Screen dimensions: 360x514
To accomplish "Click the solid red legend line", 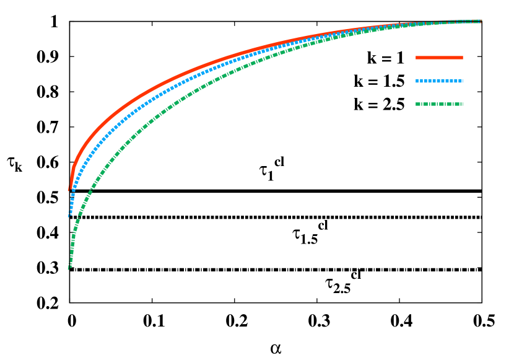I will [439, 58].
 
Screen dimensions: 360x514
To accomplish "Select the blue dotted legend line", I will [439, 81].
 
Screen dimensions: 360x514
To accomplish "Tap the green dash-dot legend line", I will [439, 104].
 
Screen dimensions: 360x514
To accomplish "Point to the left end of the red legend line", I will [416, 58].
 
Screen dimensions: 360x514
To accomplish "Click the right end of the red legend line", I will [463, 58].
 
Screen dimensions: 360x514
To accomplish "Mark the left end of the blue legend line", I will [416, 81].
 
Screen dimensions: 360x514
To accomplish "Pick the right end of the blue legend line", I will [463, 81].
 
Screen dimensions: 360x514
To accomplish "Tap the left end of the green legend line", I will [416, 104].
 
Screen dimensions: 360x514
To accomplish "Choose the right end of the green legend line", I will [463, 104].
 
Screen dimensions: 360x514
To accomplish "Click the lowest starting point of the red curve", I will [69, 190].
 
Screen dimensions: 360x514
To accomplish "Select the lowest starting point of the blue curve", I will [68, 216].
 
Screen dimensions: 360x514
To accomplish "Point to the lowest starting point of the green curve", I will [68, 269].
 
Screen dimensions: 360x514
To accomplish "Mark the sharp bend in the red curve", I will [73, 167].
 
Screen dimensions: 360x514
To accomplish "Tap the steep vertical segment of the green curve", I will [72, 251].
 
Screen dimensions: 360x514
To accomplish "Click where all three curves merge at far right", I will [477, 21].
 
